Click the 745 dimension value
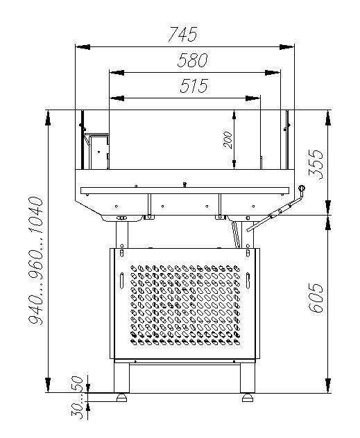coord(183,34)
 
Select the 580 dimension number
coord(193,60)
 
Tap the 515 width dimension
coord(194,85)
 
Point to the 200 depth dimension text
coord(228,140)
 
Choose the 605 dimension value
coord(316,298)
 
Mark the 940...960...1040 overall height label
coord(36,261)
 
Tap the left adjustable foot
coord(121,398)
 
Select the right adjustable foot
coord(248,398)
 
